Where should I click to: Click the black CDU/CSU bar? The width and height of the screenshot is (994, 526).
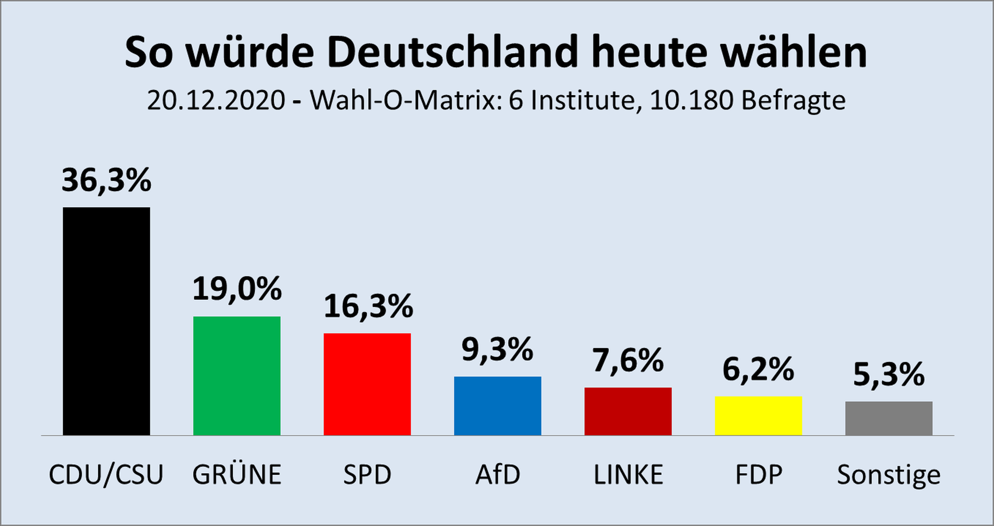click(x=106, y=321)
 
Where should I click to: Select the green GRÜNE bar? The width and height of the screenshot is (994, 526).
click(x=237, y=376)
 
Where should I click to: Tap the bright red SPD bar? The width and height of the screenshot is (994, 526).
click(x=367, y=384)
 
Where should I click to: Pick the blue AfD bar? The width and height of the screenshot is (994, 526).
click(x=498, y=406)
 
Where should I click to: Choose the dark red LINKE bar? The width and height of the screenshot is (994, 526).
click(x=628, y=412)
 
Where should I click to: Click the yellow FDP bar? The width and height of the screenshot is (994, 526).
click(x=758, y=416)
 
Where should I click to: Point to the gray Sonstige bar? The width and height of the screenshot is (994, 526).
click(x=889, y=418)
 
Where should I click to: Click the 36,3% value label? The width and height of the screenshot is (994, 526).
click(x=106, y=180)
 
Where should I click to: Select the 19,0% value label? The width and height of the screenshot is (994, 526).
click(x=237, y=288)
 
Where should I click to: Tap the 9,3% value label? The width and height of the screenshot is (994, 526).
click(x=498, y=349)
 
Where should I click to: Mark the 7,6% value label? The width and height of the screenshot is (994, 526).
click(x=628, y=360)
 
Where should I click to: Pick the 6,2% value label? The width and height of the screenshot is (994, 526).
click(x=758, y=370)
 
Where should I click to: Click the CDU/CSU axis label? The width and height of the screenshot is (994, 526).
click(x=106, y=475)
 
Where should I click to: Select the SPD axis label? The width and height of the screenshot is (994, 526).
click(x=367, y=475)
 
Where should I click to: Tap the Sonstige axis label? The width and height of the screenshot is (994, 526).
click(x=889, y=475)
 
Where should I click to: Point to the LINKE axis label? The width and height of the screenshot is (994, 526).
click(x=628, y=475)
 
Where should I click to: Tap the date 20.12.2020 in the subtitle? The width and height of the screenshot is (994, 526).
click(x=216, y=100)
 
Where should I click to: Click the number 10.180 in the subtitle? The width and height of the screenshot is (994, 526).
click(x=691, y=100)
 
